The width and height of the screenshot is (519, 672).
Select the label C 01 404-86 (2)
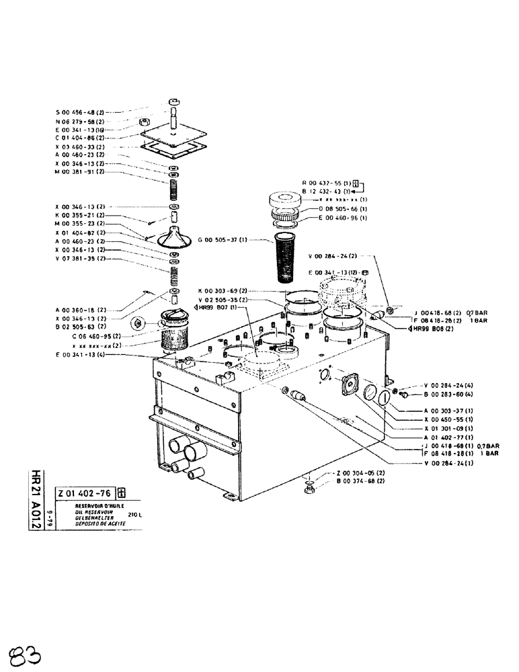(80, 137)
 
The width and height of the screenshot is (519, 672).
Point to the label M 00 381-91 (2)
(80, 171)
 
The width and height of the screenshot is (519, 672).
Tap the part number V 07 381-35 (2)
(80, 258)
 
